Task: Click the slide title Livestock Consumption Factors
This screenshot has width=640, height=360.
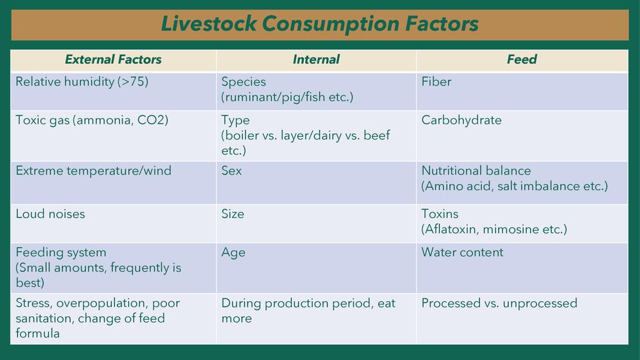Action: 319,24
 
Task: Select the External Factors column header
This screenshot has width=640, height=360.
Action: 113,60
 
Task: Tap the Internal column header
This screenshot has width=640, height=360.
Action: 316,60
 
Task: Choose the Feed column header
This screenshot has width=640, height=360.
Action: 522,60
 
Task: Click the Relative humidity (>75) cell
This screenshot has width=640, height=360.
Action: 82,82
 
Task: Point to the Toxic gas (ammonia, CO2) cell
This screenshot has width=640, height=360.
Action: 92,120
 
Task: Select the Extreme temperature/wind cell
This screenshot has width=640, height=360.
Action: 93,171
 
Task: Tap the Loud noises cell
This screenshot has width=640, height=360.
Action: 50,214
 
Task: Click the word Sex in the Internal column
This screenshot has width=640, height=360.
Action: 231,171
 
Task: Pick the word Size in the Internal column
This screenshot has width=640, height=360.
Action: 232,214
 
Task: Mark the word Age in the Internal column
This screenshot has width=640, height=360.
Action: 233,252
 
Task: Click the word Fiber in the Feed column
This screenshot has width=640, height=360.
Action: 436,82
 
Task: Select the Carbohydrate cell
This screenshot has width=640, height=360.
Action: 461,120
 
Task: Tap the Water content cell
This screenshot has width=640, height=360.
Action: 462,252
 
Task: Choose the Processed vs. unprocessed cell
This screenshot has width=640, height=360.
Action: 499,303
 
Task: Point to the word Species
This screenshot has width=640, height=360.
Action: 244,82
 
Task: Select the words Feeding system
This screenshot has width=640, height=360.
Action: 61,252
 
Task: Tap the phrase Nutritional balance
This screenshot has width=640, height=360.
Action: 476,171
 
